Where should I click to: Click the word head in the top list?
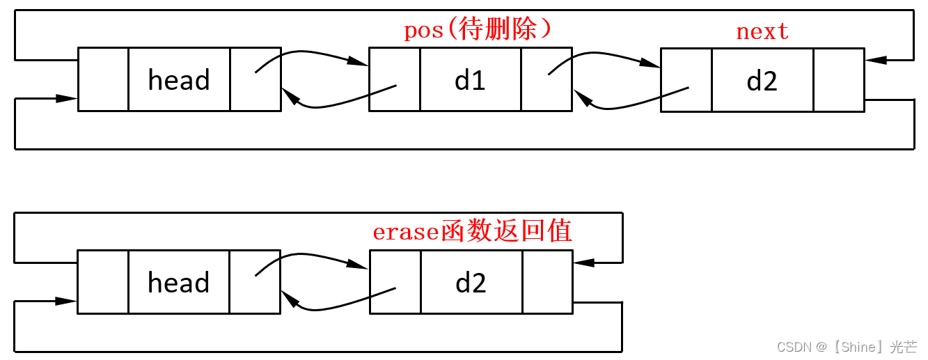(179, 81)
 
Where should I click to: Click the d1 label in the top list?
(470, 81)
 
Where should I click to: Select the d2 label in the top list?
(762, 81)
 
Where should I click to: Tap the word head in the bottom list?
(179, 283)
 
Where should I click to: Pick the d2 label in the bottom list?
(471, 283)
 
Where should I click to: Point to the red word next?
(762, 31)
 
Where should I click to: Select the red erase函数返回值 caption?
(472, 231)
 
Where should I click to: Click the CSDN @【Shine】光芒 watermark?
(847, 347)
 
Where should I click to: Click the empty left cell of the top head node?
(103, 79)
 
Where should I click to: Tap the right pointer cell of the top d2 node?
(838, 80)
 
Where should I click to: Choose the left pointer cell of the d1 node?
(394, 79)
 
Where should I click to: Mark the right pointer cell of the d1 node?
(546, 79)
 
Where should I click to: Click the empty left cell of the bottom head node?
(103, 281)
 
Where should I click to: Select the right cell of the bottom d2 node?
(546, 281)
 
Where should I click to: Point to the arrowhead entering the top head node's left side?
(68, 99)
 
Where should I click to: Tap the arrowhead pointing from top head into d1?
(359, 63)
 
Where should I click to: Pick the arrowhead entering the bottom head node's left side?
(68, 301)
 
